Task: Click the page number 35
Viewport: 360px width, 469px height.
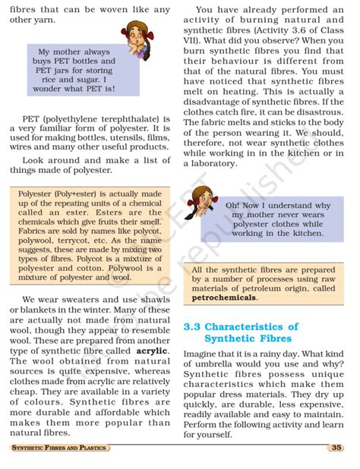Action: pos(336,448)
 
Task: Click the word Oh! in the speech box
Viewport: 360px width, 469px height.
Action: pos(233,206)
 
